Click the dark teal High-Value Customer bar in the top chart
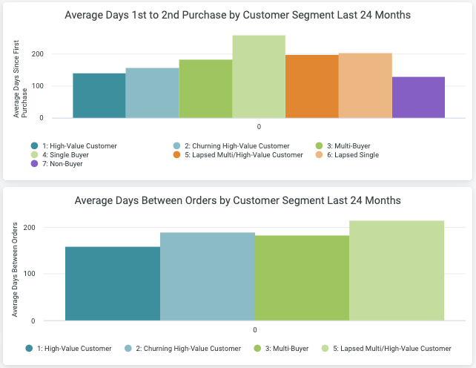pos(99,96)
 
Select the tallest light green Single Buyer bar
pos(259,77)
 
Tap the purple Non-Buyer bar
pos(418,97)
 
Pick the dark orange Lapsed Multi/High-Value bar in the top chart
pos(312,86)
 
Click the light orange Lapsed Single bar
pos(365,85)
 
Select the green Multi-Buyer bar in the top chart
pos(205,89)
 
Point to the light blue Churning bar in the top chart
pos(152,93)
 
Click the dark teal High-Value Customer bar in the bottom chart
pos(113,283)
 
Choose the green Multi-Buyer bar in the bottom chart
pos(302,278)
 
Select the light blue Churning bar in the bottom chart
pos(208,276)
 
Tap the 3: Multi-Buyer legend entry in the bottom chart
pos(282,348)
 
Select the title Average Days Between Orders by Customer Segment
pos(238,200)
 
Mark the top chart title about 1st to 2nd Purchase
pos(238,15)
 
